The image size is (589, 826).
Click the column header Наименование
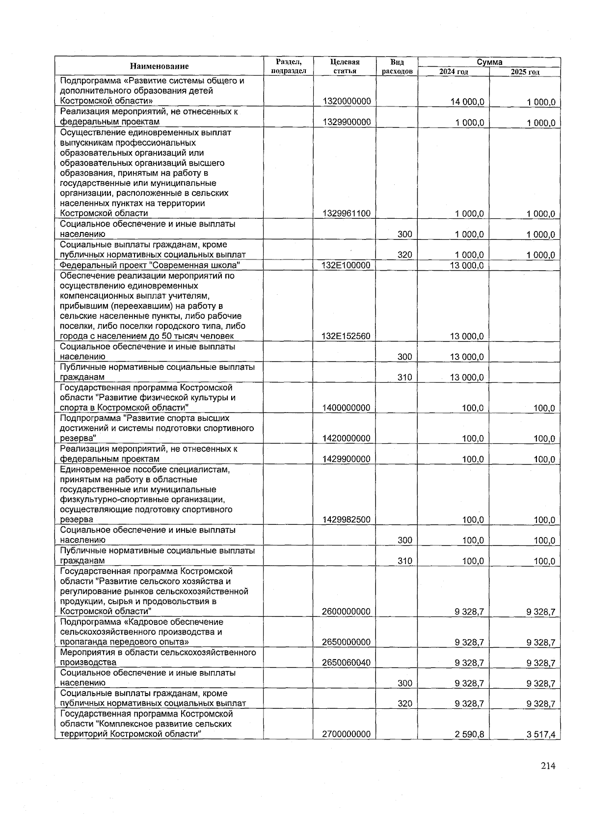point(159,66)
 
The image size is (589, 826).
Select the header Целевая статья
point(345,66)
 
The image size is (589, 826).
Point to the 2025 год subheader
point(525,72)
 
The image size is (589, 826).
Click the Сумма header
point(489,62)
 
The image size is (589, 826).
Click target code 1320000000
point(347,102)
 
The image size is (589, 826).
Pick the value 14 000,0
point(467,102)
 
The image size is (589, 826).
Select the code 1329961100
point(347,213)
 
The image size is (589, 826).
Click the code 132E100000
point(347,265)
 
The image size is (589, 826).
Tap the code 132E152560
point(347,336)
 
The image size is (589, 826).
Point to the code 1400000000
point(347,408)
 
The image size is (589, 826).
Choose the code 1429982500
point(347,519)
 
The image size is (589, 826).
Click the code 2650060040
point(347,663)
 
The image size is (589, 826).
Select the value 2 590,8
point(470,734)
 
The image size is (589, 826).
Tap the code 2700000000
point(347,734)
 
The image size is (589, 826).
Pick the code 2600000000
point(347,611)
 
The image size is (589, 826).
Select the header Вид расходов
point(397,66)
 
